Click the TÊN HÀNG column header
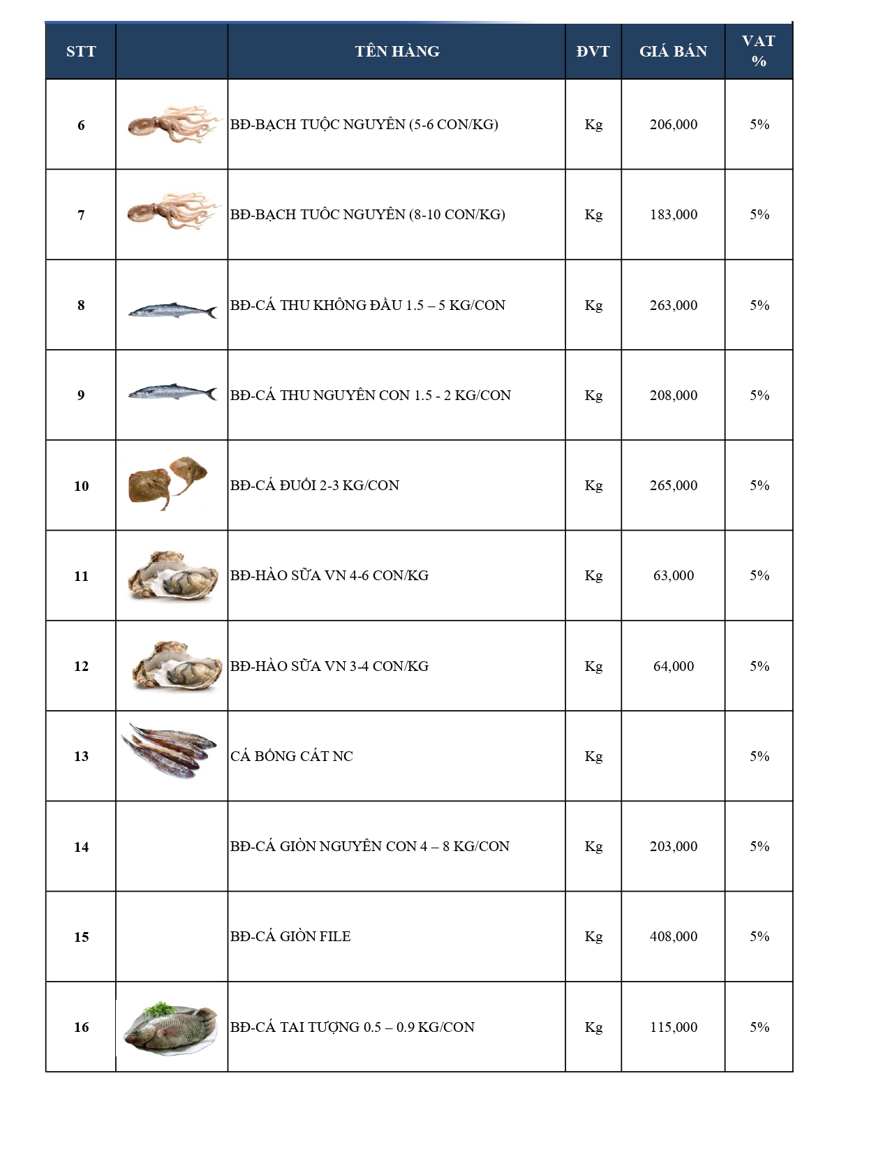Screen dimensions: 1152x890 [396, 51]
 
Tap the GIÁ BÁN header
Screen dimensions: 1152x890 [673, 51]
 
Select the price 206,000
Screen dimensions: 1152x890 [673, 124]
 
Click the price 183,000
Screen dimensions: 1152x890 [673, 214]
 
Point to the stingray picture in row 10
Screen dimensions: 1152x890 [168, 482]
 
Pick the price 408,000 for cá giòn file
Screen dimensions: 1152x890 [673, 936]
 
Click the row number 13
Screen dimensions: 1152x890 [81, 756]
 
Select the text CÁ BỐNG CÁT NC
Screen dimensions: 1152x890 [292, 756]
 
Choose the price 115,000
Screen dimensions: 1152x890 [673, 1027]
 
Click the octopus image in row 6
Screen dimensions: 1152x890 [172, 124]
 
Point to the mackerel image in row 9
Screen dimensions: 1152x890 [172, 393]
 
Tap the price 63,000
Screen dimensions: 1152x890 [673, 575]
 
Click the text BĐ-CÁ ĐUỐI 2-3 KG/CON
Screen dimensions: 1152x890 [315, 485]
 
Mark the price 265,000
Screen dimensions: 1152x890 [673, 485]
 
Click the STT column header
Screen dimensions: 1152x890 [81, 51]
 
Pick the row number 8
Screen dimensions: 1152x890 [81, 305]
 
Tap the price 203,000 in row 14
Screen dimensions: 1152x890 [673, 846]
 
